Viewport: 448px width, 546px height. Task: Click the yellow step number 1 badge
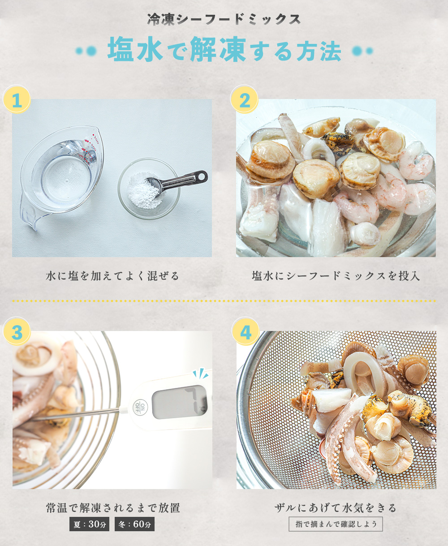point(17,99)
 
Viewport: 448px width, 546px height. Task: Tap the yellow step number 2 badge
point(244,99)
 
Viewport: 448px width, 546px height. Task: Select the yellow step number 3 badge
point(17,331)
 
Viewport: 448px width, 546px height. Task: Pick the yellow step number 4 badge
point(246,331)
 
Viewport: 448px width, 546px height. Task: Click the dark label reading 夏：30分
point(89,524)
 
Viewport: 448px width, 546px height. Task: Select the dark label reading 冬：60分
point(134,524)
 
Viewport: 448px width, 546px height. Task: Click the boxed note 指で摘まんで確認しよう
point(336,524)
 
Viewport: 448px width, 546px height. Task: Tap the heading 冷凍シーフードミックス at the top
point(224,19)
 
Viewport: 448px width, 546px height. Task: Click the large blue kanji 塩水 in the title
point(135,49)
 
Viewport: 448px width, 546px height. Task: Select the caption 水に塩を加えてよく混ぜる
point(112,276)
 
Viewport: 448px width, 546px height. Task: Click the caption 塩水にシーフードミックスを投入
point(336,276)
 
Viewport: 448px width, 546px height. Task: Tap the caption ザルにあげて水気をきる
point(336,508)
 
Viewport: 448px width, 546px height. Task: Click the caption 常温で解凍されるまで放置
point(112,508)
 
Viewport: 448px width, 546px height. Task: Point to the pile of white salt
point(144,191)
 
